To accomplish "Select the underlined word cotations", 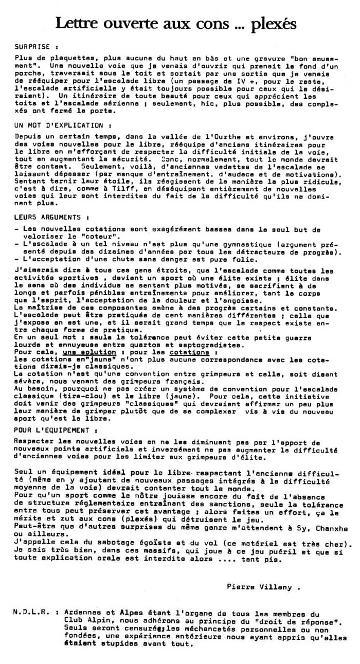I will click(x=190, y=352).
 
